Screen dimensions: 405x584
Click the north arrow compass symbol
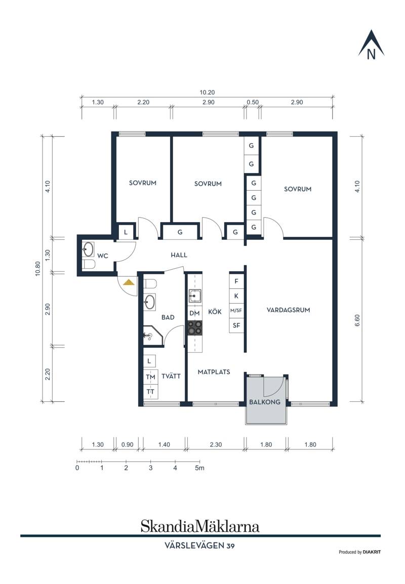click(x=371, y=45)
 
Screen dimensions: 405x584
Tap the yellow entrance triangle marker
click(x=129, y=282)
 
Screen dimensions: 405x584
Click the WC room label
click(x=102, y=256)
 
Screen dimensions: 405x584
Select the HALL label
click(x=179, y=255)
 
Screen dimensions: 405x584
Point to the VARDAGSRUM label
click(x=289, y=310)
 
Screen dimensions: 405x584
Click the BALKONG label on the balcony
click(x=265, y=402)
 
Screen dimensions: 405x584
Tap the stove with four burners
click(x=194, y=327)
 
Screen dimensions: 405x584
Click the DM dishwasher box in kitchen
click(x=194, y=313)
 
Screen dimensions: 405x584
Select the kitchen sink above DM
click(x=194, y=296)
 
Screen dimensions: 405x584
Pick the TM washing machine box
click(x=150, y=378)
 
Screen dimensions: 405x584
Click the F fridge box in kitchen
click(x=236, y=281)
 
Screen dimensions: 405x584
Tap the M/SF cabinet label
click(x=236, y=310)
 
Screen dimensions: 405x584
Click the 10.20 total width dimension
click(x=207, y=93)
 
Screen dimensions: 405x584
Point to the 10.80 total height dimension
click(x=37, y=269)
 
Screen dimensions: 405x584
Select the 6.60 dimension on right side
click(x=357, y=321)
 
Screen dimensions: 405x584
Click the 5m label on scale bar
click(x=199, y=468)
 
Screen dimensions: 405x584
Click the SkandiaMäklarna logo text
click(x=199, y=526)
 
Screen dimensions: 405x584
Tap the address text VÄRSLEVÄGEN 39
click(x=199, y=546)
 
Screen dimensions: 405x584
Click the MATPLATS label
click(x=214, y=371)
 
